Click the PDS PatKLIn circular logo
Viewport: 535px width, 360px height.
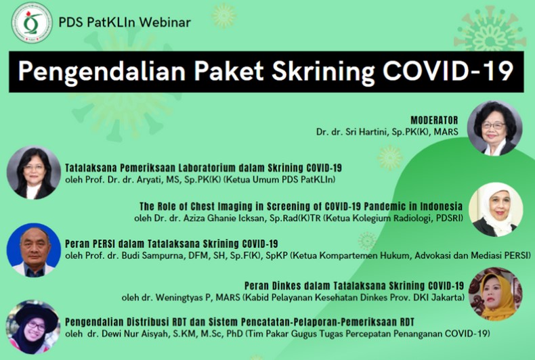coord(32,23)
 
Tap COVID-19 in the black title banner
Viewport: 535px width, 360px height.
coord(448,71)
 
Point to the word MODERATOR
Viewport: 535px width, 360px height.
coord(434,120)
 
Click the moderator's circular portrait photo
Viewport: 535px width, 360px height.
coord(495,128)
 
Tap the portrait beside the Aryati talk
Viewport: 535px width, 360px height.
coord(34,173)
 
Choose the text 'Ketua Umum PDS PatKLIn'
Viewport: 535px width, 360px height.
coord(280,179)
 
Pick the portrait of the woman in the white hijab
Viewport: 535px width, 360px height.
coord(496,209)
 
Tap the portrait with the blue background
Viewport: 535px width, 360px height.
coord(34,250)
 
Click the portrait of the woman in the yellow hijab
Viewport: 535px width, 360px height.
coord(496,294)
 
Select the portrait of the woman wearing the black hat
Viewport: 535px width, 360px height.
coord(33,327)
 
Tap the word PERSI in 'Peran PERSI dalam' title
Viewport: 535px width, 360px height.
coord(105,244)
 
